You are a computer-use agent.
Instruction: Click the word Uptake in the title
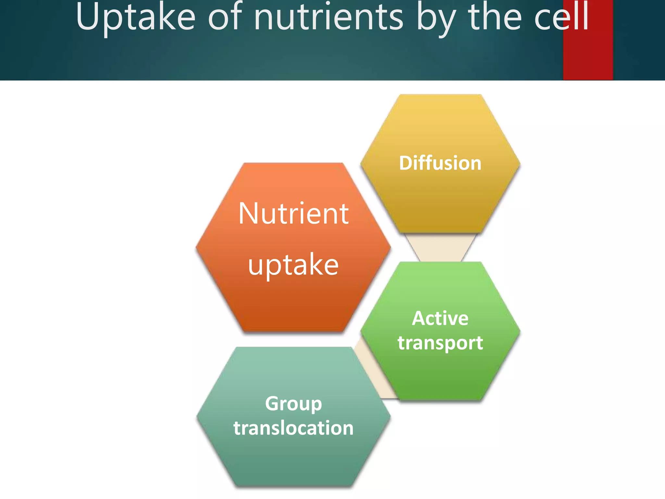[136, 18]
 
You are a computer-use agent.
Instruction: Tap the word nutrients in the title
[328, 18]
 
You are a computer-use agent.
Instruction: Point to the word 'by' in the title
[435, 19]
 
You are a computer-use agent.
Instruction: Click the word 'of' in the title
[225, 18]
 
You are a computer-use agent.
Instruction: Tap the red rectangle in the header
[588, 55]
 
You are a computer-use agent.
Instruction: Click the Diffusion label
[440, 163]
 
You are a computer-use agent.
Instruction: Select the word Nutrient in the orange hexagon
[293, 214]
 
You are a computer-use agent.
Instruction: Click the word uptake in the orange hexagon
[293, 265]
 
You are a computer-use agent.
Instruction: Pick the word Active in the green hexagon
[440, 318]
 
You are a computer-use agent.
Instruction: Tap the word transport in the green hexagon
[440, 343]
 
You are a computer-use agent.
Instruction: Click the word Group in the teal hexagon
[293, 403]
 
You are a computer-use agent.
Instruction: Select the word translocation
[293, 428]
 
